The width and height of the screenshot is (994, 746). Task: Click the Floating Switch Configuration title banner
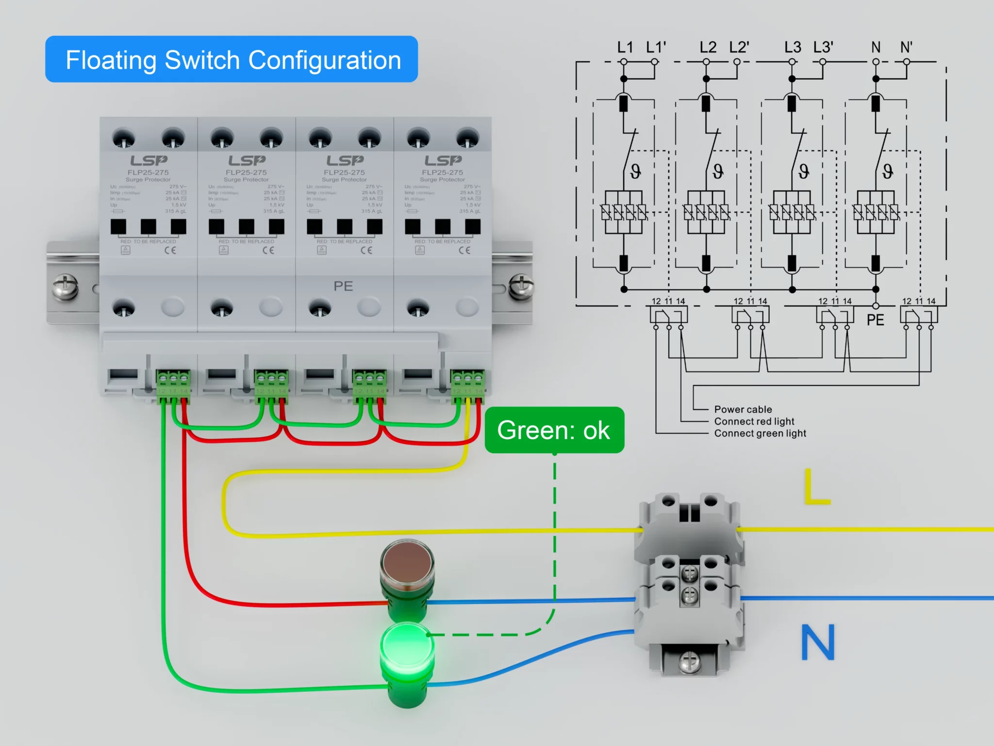(x=232, y=59)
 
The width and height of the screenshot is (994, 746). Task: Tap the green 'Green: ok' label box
(x=554, y=430)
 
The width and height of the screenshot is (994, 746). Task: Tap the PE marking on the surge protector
(x=343, y=286)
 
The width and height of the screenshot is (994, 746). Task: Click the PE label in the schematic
(x=875, y=320)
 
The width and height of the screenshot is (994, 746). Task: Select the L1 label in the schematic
(x=625, y=48)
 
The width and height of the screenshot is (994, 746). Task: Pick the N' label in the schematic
(x=906, y=48)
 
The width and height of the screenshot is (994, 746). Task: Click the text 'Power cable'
(x=743, y=409)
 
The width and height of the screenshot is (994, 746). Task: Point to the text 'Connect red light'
(x=754, y=421)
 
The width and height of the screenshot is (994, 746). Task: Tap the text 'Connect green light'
(x=760, y=433)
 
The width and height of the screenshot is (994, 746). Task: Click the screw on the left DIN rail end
(x=65, y=287)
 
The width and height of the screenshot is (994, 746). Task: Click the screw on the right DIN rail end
(x=520, y=287)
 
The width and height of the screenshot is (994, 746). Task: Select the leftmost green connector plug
(x=173, y=386)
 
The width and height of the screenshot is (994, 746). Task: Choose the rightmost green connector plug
(x=467, y=386)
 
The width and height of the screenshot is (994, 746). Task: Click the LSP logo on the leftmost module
(x=149, y=160)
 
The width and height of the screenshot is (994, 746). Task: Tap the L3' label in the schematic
(x=823, y=48)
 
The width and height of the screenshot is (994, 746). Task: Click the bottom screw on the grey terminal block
(x=689, y=661)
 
